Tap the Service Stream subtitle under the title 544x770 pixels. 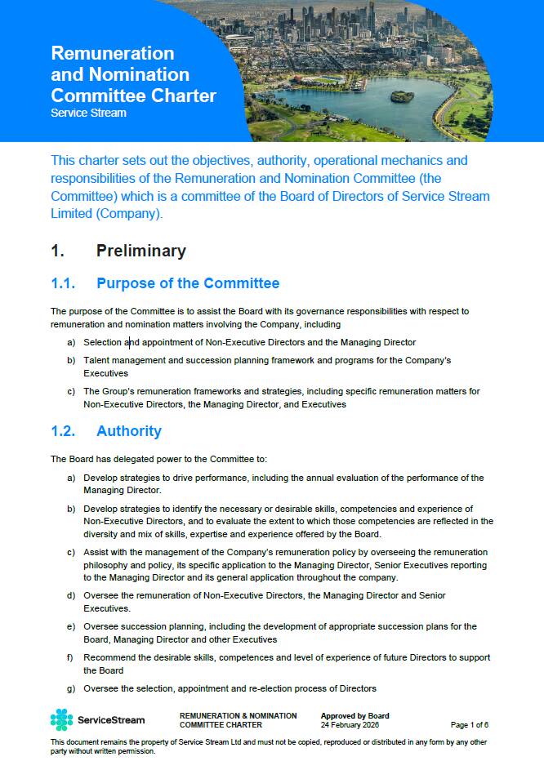[88, 113]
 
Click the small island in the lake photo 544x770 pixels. [402, 96]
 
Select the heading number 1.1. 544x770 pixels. [63, 284]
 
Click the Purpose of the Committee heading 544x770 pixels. [187, 284]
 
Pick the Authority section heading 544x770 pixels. [128, 431]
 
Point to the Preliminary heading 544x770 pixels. [140, 251]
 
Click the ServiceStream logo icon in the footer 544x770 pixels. [61, 719]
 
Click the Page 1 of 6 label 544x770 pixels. [469, 724]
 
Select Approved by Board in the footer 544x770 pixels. [354, 716]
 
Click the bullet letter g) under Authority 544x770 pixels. [71, 688]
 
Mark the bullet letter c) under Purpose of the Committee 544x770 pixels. [71, 391]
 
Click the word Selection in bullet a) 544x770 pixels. [102, 342]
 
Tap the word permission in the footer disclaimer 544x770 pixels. [135, 750]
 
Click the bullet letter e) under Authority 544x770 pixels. [71, 626]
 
